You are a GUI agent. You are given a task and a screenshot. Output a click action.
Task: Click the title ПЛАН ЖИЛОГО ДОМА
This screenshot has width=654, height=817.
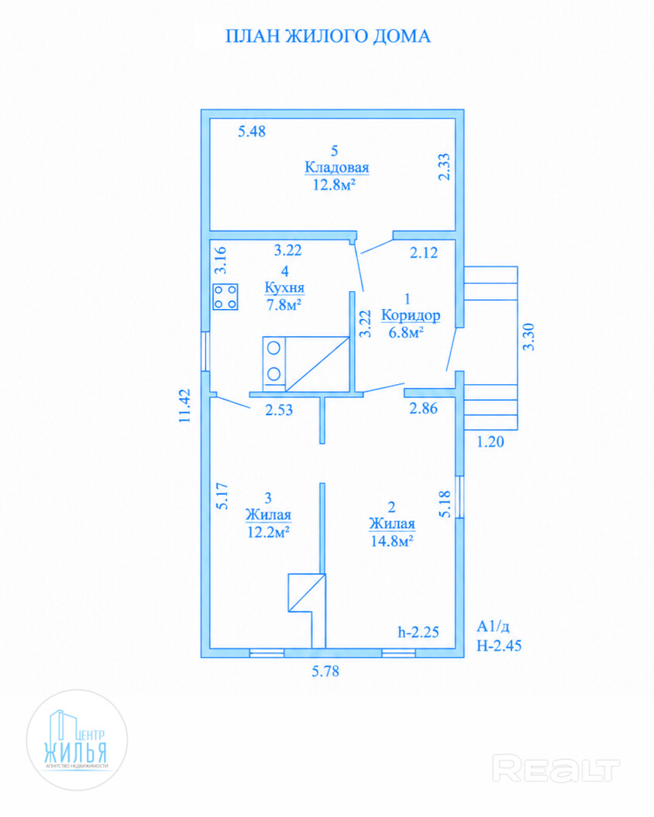point(328,36)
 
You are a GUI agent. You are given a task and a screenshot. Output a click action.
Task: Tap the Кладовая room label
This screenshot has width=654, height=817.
point(336,167)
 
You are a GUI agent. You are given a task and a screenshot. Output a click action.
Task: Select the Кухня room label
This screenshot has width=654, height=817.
point(284,287)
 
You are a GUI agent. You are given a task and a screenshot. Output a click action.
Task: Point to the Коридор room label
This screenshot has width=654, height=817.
point(411,315)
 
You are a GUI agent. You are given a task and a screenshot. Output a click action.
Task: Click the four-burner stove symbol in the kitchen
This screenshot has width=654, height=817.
point(225,297)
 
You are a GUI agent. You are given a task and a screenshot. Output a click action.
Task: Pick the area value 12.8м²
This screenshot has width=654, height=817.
point(334,184)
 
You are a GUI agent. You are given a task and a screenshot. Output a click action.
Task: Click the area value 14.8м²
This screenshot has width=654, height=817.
point(391,541)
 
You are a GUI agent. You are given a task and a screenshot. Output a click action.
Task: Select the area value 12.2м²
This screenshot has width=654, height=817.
point(268,532)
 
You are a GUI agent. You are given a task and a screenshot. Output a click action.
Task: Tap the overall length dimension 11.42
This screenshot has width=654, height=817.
point(184,405)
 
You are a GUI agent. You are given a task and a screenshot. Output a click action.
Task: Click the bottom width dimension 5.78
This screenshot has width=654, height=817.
point(325,671)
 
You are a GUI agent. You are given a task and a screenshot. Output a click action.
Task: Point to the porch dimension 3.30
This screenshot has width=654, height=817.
point(528,337)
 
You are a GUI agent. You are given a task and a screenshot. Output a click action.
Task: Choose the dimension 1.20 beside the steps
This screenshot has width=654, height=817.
point(490,442)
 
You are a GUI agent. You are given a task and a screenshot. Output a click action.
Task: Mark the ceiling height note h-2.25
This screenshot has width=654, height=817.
point(418,632)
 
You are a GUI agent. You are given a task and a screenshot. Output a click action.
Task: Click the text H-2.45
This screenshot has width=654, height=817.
point(498,646)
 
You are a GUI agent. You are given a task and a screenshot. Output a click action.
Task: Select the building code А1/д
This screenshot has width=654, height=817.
point(493,626)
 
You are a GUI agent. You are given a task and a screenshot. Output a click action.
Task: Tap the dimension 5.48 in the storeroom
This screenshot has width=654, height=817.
point(252,132)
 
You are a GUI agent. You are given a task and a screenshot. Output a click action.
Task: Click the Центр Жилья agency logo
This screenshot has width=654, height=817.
point(77,740)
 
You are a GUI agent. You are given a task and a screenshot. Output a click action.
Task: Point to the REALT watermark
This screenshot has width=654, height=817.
point(556,769)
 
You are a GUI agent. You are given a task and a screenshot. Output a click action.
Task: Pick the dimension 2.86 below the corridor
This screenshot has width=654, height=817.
point(424,408)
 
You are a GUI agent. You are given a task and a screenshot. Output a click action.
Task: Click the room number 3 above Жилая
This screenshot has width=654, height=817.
point(268,498)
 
